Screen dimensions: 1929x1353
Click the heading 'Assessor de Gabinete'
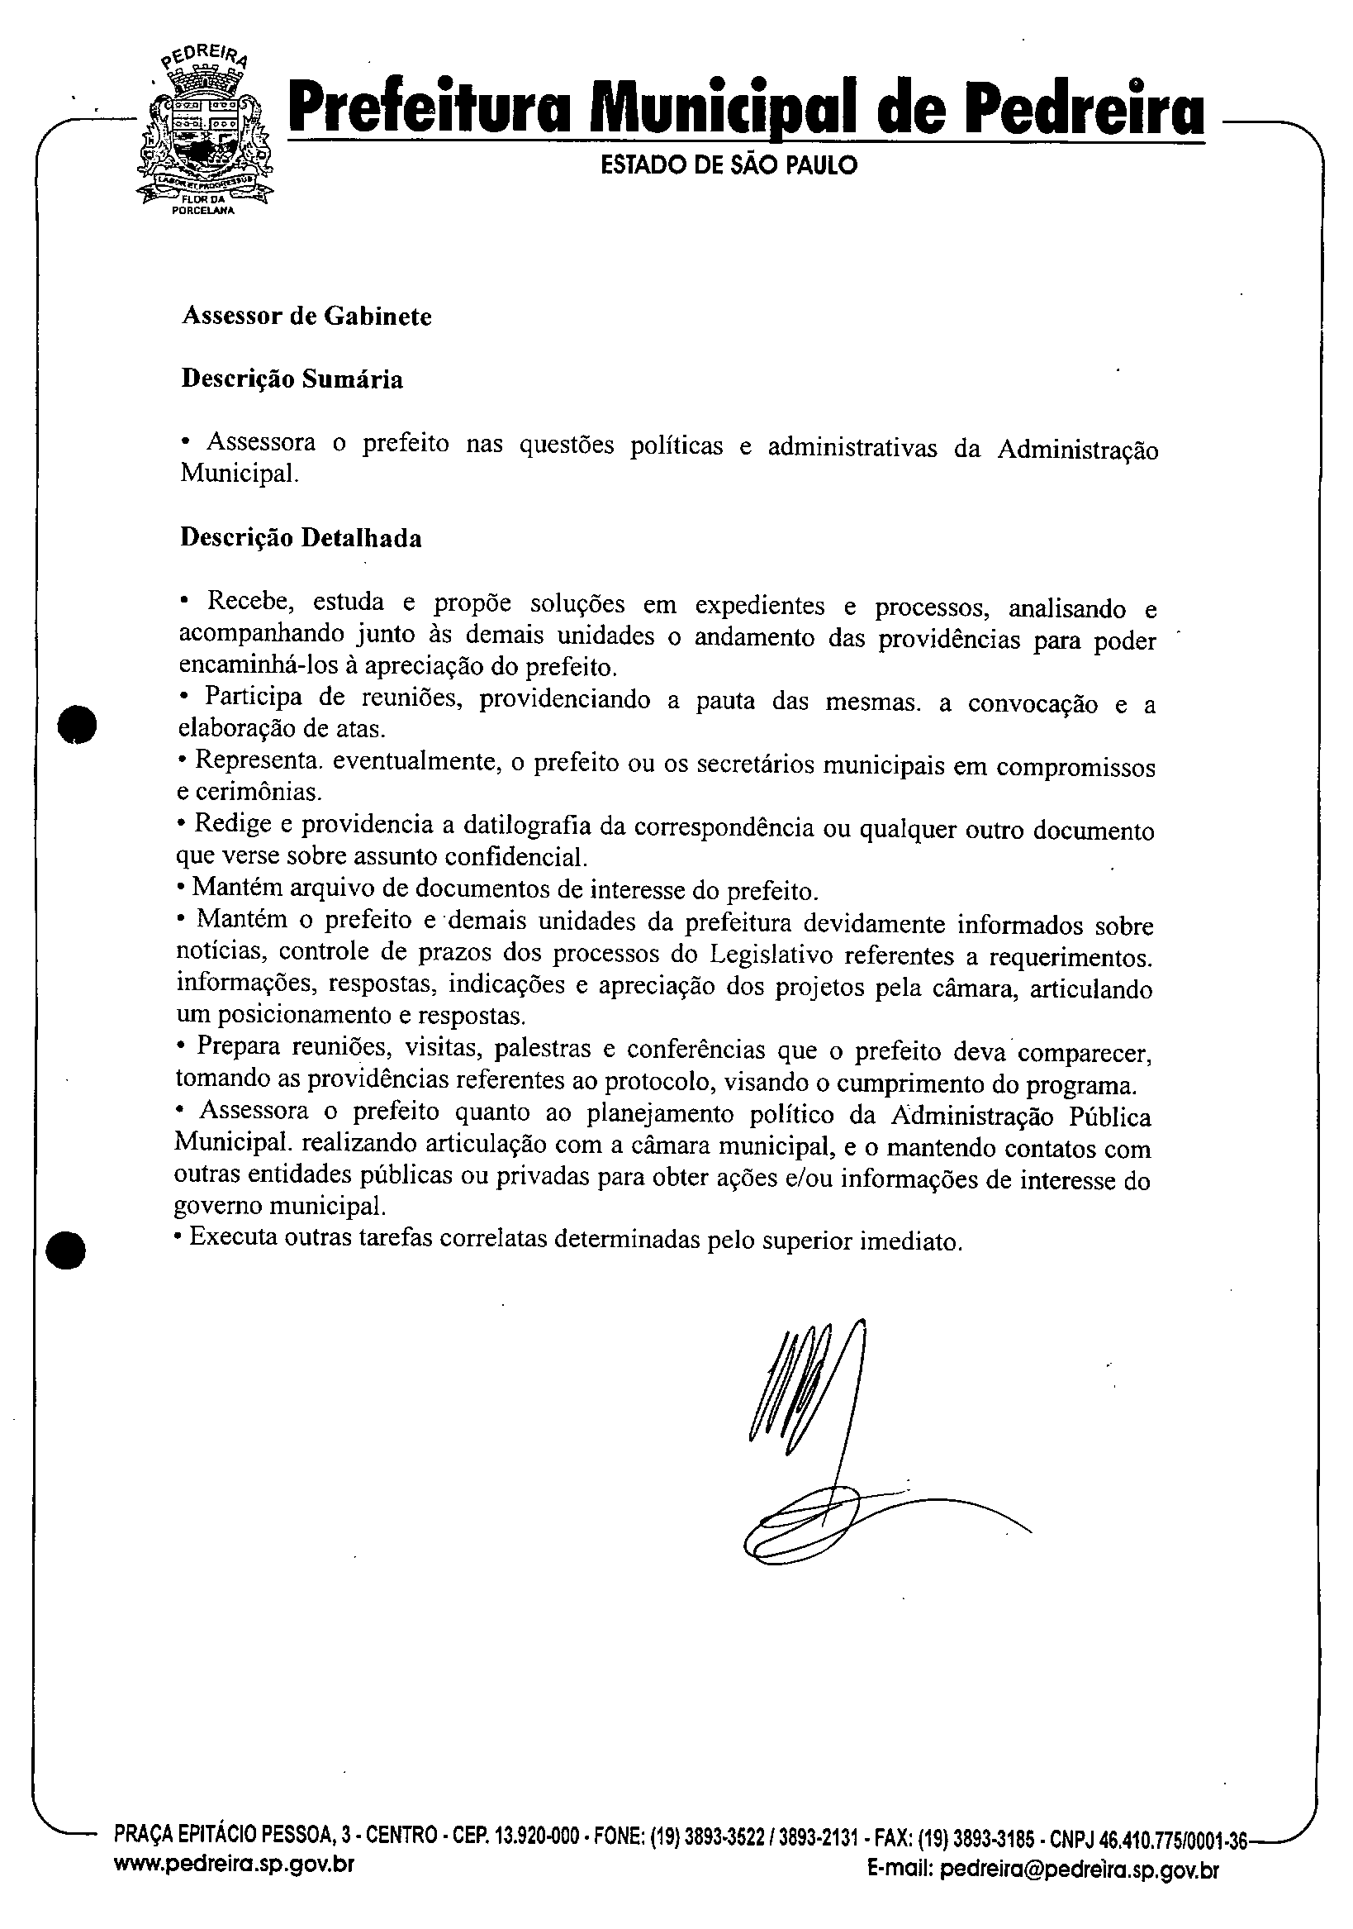pos(306,317)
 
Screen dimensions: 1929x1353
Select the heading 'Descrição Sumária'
pos(292,379)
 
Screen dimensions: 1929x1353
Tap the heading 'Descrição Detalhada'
pos(301,538)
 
